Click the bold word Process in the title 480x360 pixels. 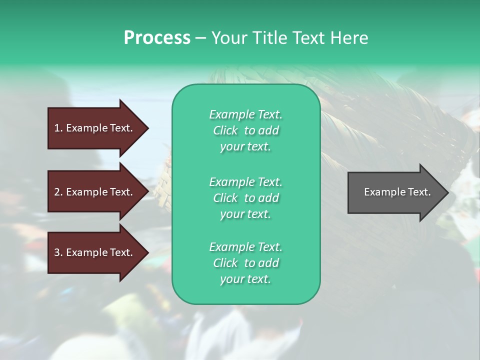tap(157, 38)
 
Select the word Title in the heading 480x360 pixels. tap(266, 38)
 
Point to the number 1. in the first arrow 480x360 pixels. tap(58, 128)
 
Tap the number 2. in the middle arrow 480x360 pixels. tap(58, 192)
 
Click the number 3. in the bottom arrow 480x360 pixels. tap(58, 252)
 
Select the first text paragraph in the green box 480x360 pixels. tap(245, 130)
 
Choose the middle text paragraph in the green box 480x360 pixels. tap(245, 198)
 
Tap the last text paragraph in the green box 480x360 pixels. tap(245, 263)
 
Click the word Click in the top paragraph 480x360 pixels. tap(225, 130)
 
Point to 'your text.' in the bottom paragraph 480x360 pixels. tap(245, 279)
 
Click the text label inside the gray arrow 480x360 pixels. tap(397, 192)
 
